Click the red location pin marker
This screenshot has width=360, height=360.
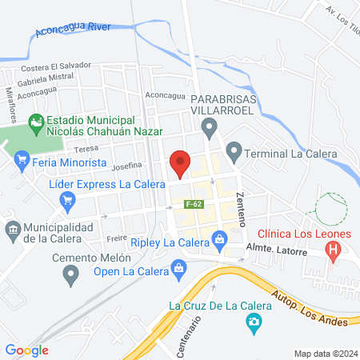click(x=181, y=163)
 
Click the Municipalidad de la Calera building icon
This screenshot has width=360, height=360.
click(x=13, y=230)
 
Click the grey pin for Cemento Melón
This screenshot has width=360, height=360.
click(x=71, y=274)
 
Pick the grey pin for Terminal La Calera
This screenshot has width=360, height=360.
click(x=234, y=150)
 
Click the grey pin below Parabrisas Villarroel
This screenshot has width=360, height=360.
click(x=210, y=126)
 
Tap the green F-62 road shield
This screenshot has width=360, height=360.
click(x=192, y=204)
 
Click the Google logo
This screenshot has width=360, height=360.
click(x=27, y=350)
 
